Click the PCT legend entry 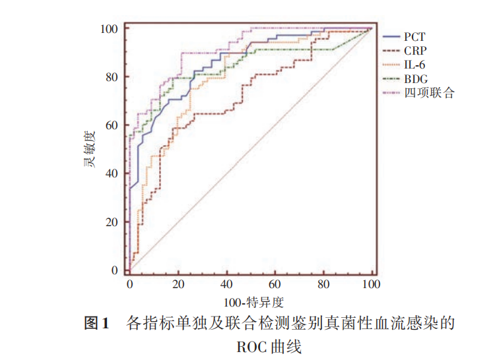pyautogui.click(x=414, y=36)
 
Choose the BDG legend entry pyautogui.click(x=416, y=78)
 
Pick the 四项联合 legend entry pyautogui.click(x=429, y=93)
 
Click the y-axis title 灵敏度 pyautogui.click(x=88, y=150)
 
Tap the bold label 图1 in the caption pyautogui.click(x=97, y=324)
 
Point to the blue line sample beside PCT pyautogui.click(x=392, y=36)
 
